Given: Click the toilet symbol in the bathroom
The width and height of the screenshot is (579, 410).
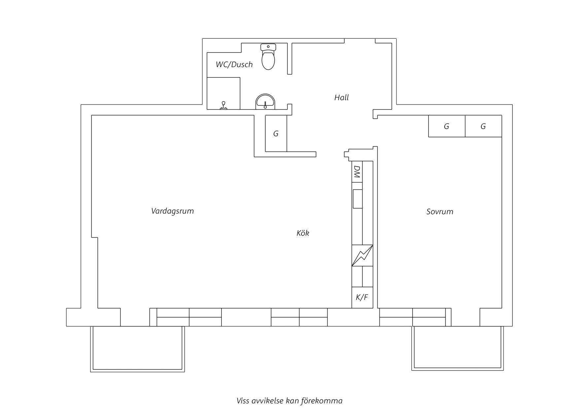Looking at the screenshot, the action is [x=268, y=57].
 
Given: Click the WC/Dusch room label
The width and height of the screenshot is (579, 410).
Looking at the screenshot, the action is [x=234, y=64].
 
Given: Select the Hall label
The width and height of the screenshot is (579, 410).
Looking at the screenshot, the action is [x=341, y=98].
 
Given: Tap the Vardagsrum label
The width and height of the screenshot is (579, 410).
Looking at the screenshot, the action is [x=172, y=211].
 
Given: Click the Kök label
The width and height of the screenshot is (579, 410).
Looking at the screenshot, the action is [x=303, y=233].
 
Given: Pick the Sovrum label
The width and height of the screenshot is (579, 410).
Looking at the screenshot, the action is [x=440, y=212].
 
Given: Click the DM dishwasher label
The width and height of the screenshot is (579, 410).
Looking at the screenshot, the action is [x=357, y=172].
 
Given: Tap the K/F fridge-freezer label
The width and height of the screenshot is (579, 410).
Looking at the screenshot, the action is [x=362, y=298].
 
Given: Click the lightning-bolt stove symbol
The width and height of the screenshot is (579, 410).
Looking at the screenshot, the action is [x=362, y=255].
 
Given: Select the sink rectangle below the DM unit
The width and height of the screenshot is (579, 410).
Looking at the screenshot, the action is [x=358, y=199].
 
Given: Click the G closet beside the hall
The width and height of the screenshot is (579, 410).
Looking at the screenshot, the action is [x=276, y=133].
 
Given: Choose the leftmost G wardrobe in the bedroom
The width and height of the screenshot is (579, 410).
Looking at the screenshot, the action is [x=447, y=126].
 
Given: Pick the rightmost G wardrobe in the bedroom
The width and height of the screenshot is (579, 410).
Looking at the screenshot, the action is [x=483, y=126].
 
